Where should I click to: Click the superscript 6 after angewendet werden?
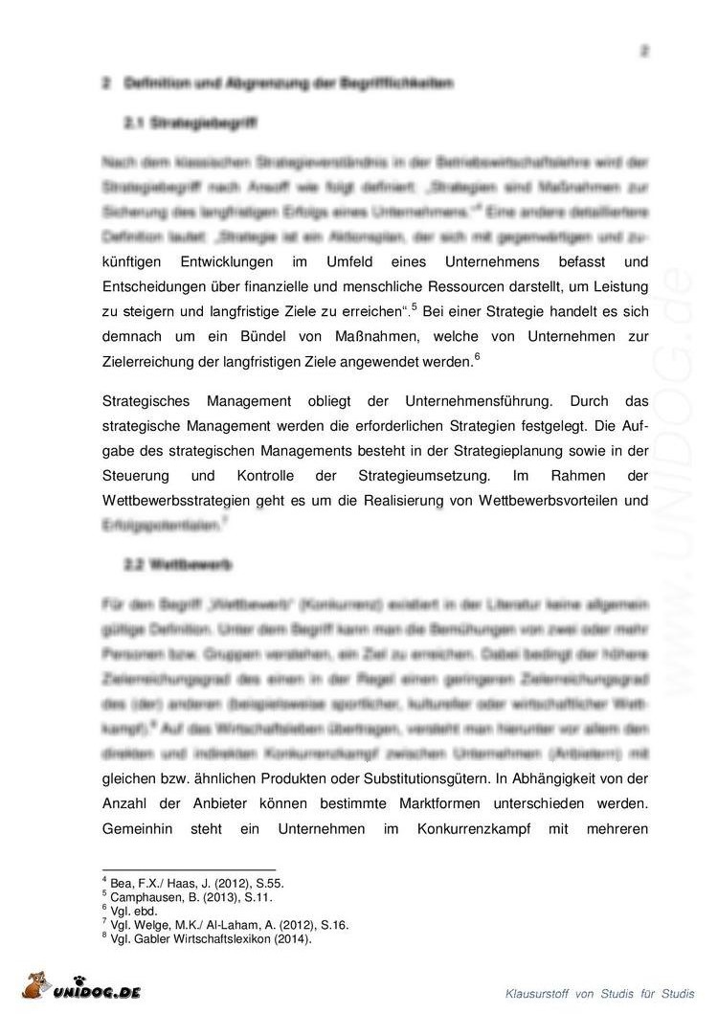coord(477,357)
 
